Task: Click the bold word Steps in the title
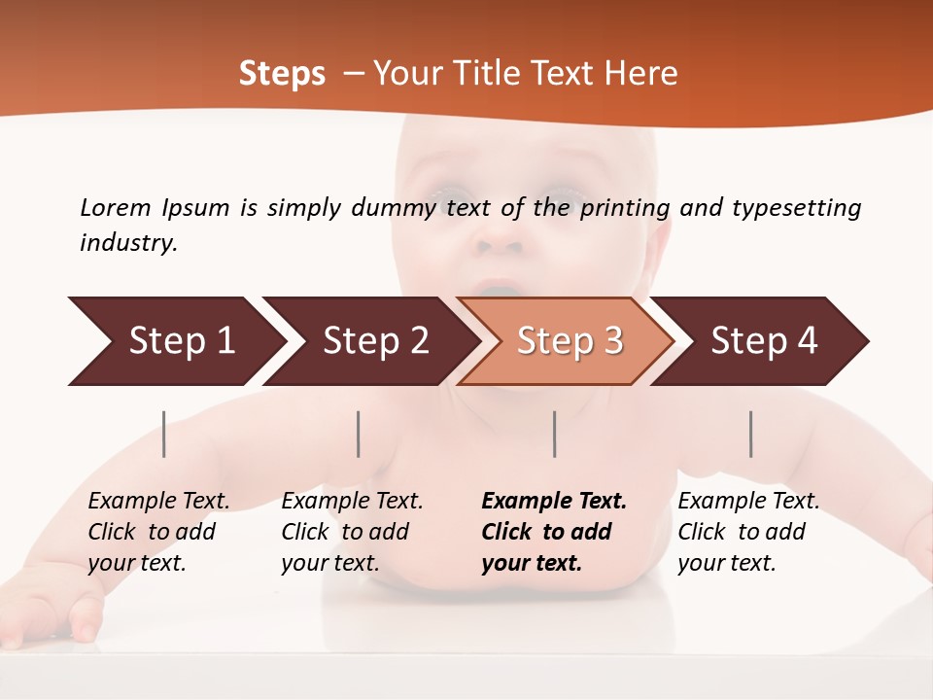(282, 74)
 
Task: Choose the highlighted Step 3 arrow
(570, 341)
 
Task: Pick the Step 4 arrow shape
(764, 341)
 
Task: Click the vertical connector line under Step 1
(164, 434)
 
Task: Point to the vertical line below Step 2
(359, 434)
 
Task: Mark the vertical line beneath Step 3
(555, 434)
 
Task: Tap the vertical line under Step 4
(751, 434)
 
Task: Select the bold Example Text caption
(554, 502)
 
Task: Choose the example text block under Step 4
(748, 532)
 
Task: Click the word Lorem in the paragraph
(115, 208)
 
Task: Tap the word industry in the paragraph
(128, 243)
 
